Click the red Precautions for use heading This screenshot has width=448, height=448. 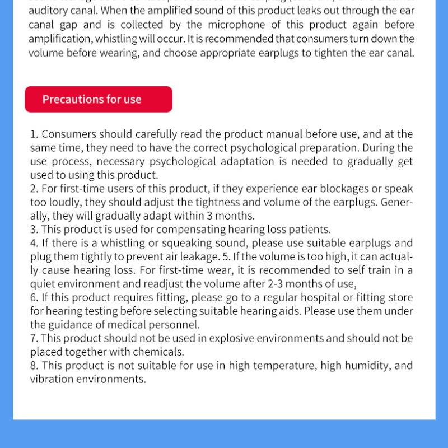(99, 100)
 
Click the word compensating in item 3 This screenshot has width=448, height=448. (191, 230)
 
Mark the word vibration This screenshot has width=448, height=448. (52, 379)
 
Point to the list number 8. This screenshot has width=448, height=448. (34, 366)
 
